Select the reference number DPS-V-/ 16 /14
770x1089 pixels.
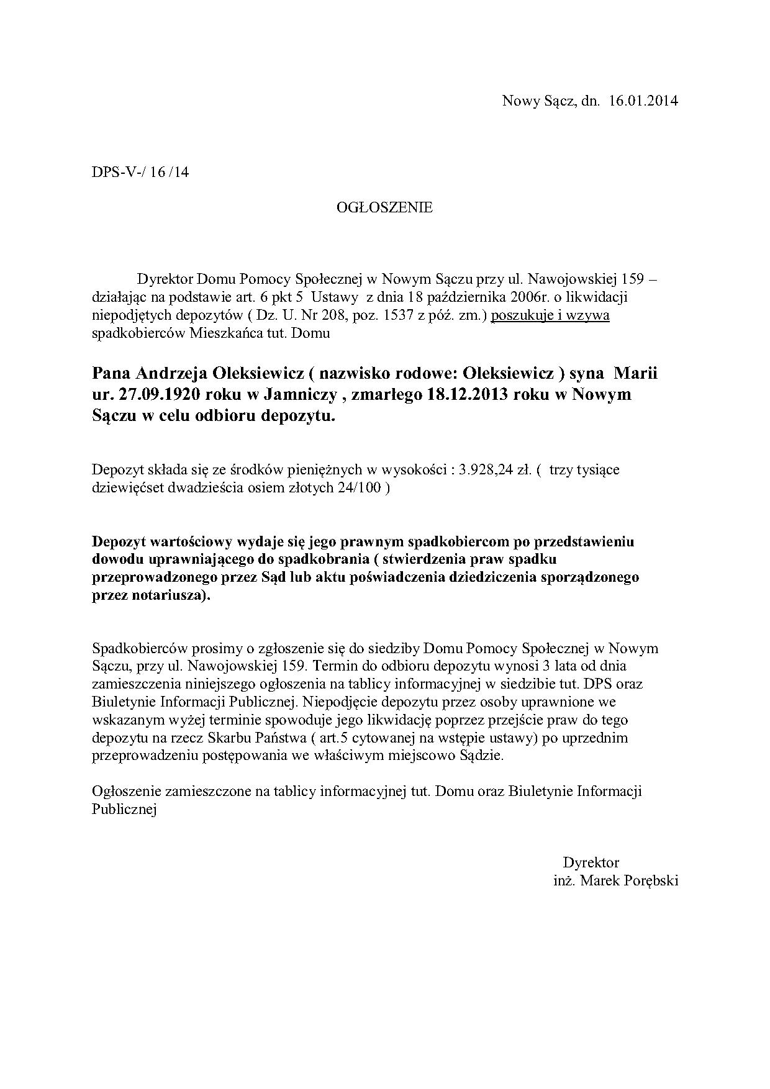tap(140, 172)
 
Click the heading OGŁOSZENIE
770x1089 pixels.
tap(384, 207)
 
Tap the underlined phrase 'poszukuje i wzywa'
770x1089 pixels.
tap(550, 315)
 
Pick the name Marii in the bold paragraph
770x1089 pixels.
tap(635, 374)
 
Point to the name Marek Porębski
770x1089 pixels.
tap(629, 880)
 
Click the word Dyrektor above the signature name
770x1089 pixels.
tap(591, 862)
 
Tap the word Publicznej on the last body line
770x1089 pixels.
tap(124, 810)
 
